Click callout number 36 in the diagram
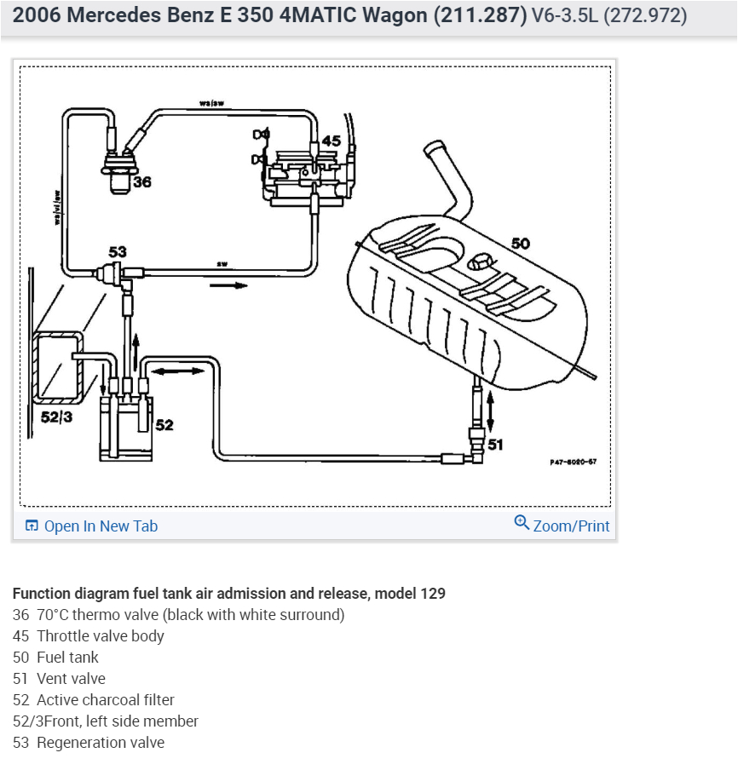pyautogui.click(x=142, y=182)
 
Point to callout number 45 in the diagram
pyautogui.click(x=331, y=141)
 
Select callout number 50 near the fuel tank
pyautogui.click(x=520, y=244)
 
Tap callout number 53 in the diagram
pyautogui.click(x=118, y=252)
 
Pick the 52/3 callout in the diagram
pyautogui.click(x=57, y=417)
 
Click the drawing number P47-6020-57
pyautogui.click(x=573, y=462)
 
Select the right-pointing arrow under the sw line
pyautogui.click(x=228, y=285)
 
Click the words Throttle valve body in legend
pyautogui.click(x=101, y=636)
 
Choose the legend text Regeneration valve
pyautogui.click(x=101, y=743)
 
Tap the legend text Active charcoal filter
pyautogui.click(x=106, y=700)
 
